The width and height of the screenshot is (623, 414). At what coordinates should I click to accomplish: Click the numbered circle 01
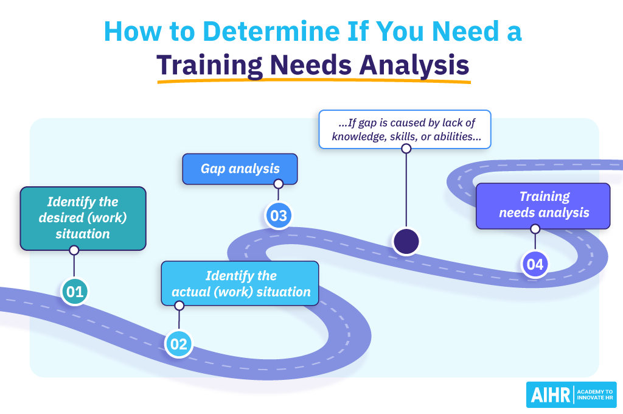[x=74, y=292]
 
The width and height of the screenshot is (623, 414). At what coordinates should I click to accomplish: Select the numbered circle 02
[x=179, y=344]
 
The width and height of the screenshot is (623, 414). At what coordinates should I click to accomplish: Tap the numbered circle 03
[x=278, y=216]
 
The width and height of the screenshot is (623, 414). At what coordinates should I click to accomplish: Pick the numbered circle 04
[x=535, y=264]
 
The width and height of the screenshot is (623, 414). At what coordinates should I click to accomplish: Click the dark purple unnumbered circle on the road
[x=406, y=241]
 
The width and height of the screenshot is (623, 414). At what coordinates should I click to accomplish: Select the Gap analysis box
[x=240, y=169]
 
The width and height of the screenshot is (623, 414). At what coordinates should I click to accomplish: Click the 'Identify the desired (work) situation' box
[x=83, y=218]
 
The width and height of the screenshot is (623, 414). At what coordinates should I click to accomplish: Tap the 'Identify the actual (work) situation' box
[x=240, y=283]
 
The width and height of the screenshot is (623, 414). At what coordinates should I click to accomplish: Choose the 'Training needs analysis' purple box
[x=543, y=205]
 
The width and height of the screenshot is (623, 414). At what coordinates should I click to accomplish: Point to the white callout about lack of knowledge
[x=405, y=129]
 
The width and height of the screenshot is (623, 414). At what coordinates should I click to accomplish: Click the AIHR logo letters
[x=549, y=395]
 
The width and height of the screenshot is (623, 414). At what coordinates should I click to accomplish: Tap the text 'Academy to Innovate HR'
[x=594, y=395]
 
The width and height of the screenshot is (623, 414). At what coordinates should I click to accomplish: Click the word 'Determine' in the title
[x=237, y=32]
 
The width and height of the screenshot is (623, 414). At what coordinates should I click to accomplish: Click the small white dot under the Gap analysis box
[x=278, y=184]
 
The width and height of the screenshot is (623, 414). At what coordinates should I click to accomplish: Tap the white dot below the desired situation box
[x=74, y=250]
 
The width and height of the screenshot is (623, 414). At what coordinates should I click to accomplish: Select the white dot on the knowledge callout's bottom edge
[x=406, y=148]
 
